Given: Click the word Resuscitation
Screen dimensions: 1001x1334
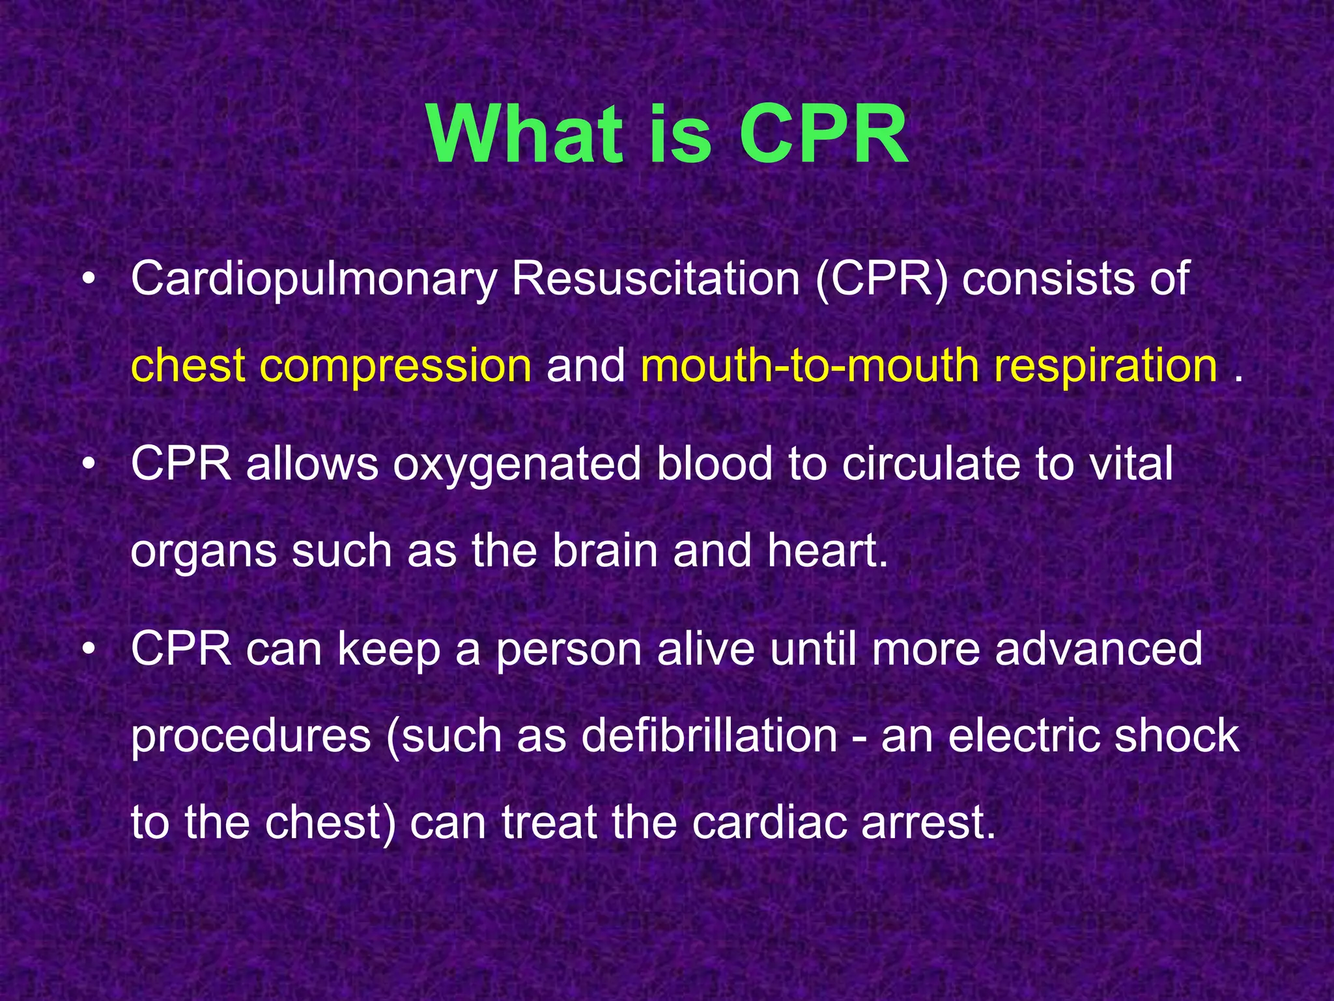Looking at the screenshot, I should [x=655, y=279].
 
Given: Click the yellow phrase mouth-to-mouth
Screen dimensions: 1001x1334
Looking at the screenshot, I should [x=808, y=365].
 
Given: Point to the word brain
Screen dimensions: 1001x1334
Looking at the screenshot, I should [x=605, y=551].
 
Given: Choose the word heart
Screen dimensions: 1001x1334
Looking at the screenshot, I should [x=827, y=551].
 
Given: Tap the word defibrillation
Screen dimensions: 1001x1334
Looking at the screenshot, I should [x=709, y=736].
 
